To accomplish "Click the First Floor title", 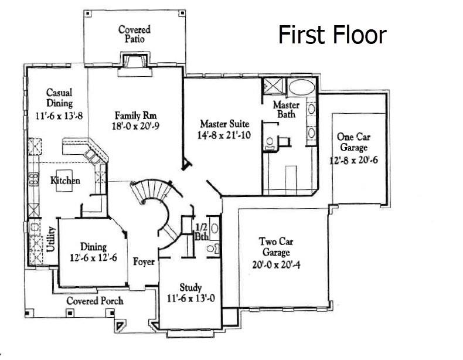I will click(x=332, y=35).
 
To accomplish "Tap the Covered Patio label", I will click(x=134, y=34).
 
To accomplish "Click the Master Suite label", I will click(x=224, y=124).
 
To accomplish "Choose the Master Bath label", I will click(x=287, y=110).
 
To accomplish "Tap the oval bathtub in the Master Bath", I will click(x=302, y=88).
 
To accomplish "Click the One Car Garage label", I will click(x=353, y=142).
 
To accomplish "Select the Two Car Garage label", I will click(x=275, y=247).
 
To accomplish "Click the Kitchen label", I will click(x=64, y=181).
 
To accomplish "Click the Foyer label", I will click(x=144, y=261).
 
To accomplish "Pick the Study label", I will click(x=190, y=287).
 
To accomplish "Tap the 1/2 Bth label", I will click(x=201, y=232).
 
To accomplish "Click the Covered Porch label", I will click(x=94, y=301).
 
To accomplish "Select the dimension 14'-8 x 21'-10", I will click(x=224, y=135).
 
